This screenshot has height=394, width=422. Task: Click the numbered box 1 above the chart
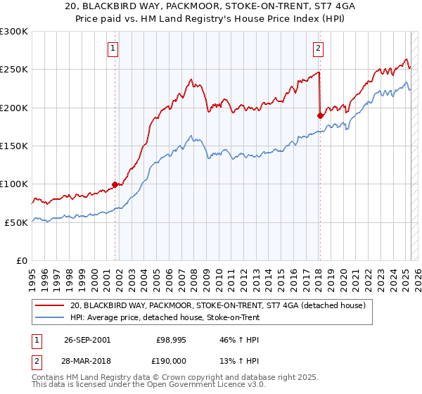pos(113,49)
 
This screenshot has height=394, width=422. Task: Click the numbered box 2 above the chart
pos(318,49)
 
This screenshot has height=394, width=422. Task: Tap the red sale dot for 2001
pos(115,184)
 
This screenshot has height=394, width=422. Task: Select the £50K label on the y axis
pos(16,222)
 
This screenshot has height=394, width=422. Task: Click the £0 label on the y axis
pos(22,260)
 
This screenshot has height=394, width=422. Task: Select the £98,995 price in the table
pos(170,339)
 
